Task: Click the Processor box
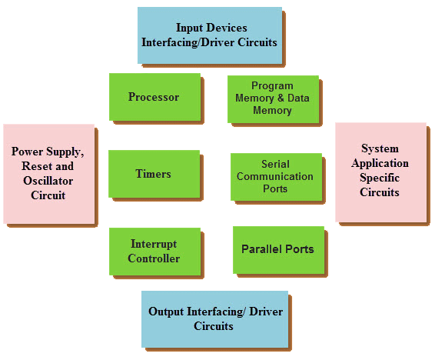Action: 154,97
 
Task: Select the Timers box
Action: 154,174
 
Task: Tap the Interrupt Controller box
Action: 154,252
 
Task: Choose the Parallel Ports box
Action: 278,250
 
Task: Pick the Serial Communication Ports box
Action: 277,177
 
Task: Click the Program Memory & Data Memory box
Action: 274,99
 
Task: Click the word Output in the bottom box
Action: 166,312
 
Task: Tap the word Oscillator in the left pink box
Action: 48,181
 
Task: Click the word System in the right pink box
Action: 380,148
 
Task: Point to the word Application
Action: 380,163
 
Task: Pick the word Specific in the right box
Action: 380,178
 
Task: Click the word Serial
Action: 275,164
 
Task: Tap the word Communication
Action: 275,176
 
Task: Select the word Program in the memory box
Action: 272,85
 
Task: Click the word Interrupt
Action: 154,244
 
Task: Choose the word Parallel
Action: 262,249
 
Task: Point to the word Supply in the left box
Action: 65,152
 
